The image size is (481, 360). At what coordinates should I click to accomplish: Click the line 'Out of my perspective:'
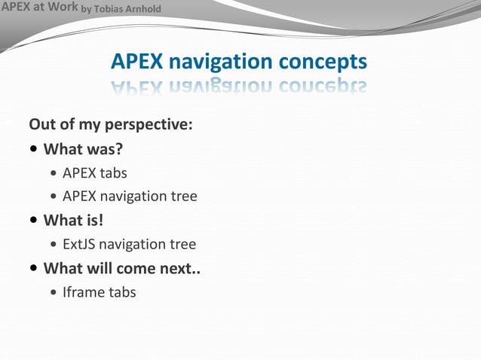coord(110,124)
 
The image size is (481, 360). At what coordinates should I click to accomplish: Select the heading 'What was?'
coord(83,148)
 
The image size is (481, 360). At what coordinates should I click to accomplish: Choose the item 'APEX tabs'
coord(94,172)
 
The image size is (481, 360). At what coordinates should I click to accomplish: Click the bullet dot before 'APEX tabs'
coord(53,173)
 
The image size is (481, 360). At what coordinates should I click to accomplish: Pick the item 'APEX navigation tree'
coord(130,197)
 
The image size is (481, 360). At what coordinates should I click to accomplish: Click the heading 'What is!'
coord(73,221)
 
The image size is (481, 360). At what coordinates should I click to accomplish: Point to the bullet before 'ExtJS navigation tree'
coord(53,245)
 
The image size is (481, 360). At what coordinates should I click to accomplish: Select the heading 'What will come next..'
coord(121,268)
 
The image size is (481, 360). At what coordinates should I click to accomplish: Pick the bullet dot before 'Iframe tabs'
coord(53,293)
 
